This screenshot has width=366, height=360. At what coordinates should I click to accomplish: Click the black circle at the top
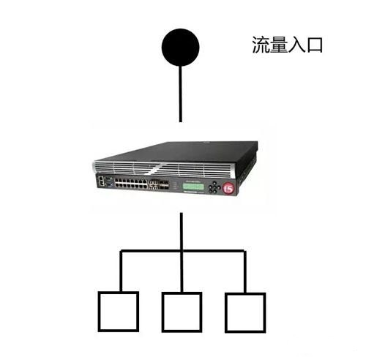coord(180,48)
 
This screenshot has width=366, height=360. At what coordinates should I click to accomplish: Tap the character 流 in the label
coord(261,45)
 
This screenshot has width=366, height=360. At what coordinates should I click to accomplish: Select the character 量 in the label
coord(278,45)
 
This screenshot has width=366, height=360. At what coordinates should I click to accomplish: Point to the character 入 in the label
coord(296,45)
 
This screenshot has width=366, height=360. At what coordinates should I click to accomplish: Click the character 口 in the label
coord(315,45)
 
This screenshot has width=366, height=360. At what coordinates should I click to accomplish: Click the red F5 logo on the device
coord(228,188)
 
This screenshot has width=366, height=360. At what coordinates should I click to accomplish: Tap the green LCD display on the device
coord(193,187)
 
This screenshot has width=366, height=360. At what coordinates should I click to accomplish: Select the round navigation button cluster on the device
coord(214,187)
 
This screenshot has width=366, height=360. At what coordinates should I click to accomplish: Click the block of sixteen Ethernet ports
coord(131,183)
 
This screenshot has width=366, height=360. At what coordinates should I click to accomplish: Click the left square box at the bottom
coord(119,312)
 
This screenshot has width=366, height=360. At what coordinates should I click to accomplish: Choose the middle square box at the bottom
coord(182,312)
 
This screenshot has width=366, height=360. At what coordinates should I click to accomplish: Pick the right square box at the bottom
coord(245,312)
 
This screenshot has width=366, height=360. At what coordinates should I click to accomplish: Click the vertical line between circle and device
coord(180,94)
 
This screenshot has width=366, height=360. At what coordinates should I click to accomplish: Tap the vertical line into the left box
coord(121,271)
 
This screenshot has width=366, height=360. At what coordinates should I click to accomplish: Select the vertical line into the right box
coord(245,271)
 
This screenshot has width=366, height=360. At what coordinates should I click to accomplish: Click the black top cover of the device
coord(185,151)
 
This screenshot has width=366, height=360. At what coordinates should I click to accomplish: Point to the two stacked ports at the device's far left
coord(100,181)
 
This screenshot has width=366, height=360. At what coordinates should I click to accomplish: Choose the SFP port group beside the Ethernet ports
coord(159,184)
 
